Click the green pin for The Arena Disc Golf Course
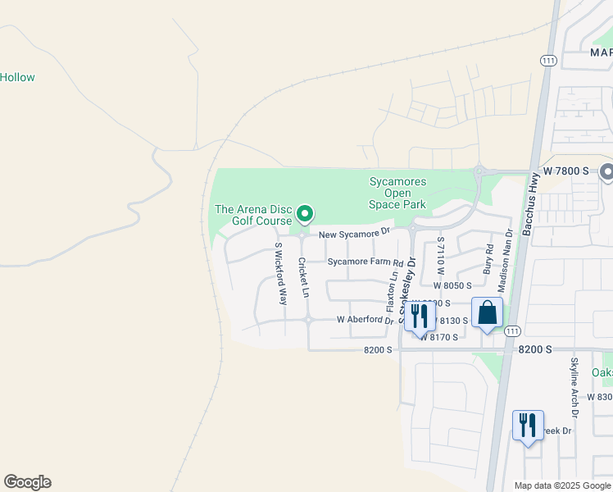pyautogui.click(x=305, y=214)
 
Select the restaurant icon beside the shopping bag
pyautogui.click(x=420, y=316)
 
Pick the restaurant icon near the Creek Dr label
pyautogui.click(x=528, y=426)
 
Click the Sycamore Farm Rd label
pyautogui.click(x=366, y=262)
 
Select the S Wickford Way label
pyautogui.click(x=280, y=274)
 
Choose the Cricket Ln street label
pyautogui.click(x=302, y=278)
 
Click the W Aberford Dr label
pyautogui.click(x=366, y=320)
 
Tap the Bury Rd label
pyautogui.click(x=488, y=259)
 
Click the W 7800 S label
pyautogui.click(x=566, y=171)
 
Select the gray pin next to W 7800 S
pyautogui.click(x=607, y=172)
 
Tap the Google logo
pyautogui.click(x=27, y=482)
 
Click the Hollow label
pyautogui.click(x=17, y=78)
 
